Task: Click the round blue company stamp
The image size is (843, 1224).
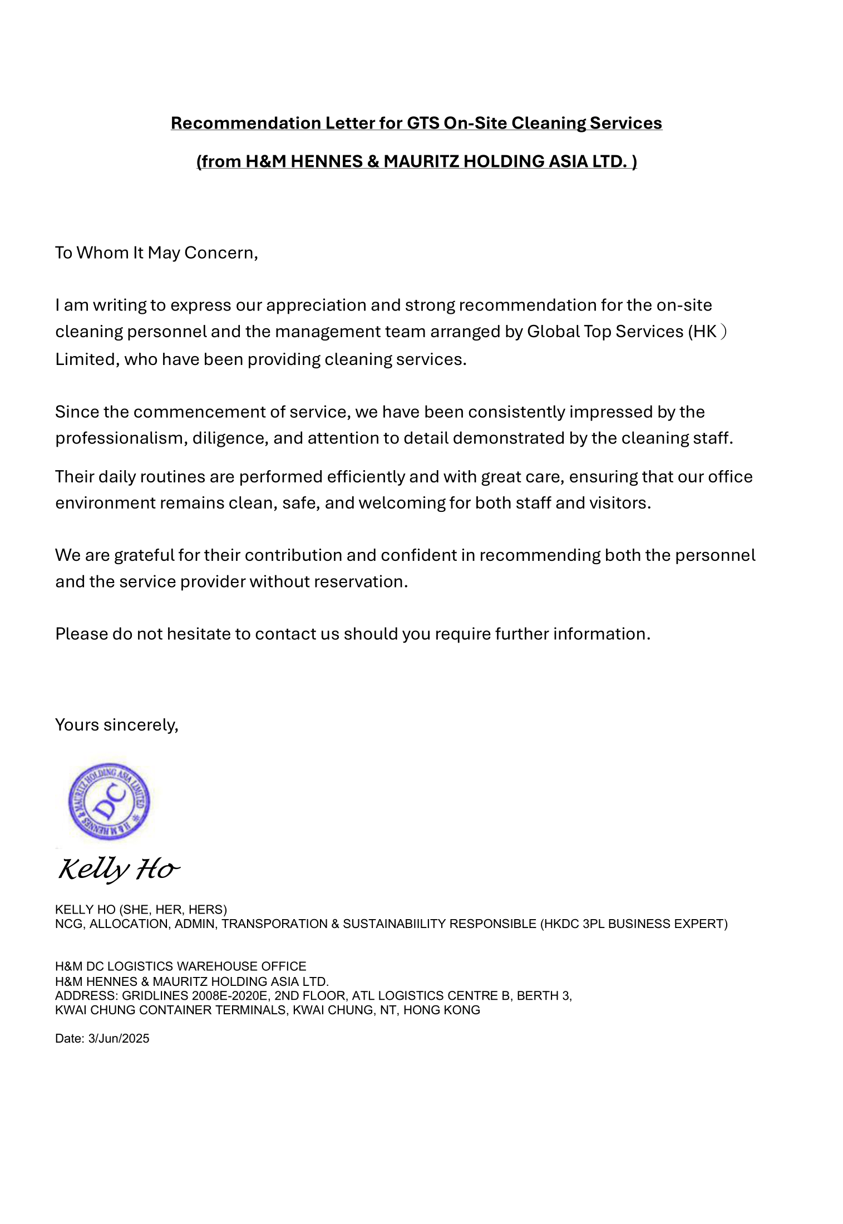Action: (x=109, y=802)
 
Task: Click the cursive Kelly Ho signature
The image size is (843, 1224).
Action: (x=119, y=869)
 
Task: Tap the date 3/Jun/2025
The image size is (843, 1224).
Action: (x=119, y=1039)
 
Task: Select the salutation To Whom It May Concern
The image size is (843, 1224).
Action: (x=156, y=253)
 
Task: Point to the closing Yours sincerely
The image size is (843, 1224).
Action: (x=117, y=725)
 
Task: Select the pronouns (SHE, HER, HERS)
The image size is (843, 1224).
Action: (x=173, y=910)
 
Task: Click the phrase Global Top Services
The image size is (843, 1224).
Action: (x=605, y=332)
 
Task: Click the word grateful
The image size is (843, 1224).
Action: (x=144, y=555)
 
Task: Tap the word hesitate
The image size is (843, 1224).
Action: (x=198, y=634)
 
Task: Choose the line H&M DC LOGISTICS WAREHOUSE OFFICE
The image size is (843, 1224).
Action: (x=181, y=966)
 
